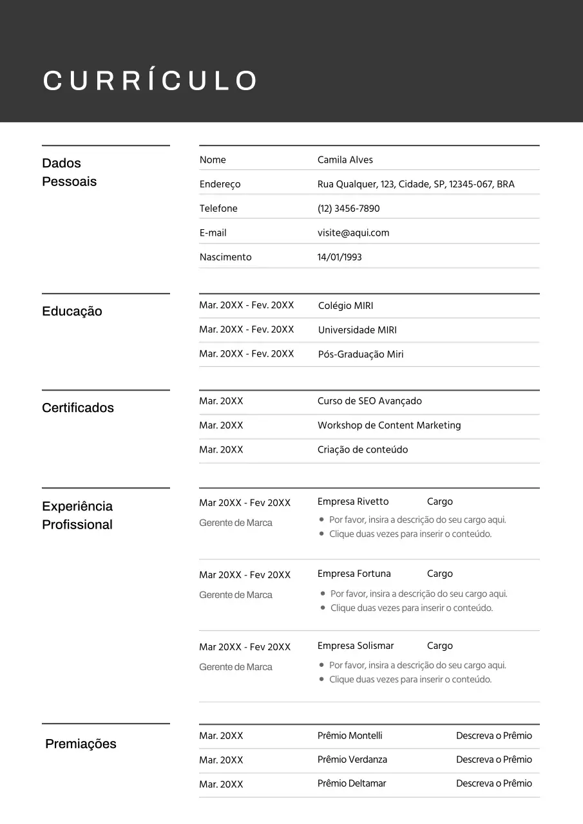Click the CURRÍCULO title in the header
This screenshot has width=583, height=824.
click(149, 81)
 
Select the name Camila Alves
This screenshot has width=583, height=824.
click(345, 160)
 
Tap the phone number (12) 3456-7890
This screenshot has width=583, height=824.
click(349, 209)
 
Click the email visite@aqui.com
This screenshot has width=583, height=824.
click(353, 233)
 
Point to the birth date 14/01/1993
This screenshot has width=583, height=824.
click(339, 257)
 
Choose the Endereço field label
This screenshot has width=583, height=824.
click(220, 184)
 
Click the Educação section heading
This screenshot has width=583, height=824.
click(72, 312)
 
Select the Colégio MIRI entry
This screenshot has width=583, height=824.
click(345, 306)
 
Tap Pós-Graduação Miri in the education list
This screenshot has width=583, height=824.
click(361, 355)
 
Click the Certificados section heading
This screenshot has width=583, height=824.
click(78, 408)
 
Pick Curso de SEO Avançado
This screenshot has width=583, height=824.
click(369, 401)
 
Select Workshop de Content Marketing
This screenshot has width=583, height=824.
click(389, 426)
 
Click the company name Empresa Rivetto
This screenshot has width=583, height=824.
click(353, 501)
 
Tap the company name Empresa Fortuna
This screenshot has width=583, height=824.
click(354, 574)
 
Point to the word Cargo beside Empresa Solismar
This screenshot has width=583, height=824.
click(440, 646)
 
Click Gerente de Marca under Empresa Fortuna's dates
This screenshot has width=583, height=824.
click(236, 595)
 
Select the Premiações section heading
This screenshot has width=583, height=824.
click(81, 744)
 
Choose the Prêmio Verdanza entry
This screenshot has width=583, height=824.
click(352, 760)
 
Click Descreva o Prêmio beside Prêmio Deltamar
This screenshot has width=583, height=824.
click(494, 783)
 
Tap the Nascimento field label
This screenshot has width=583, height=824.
click(225, 257)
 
